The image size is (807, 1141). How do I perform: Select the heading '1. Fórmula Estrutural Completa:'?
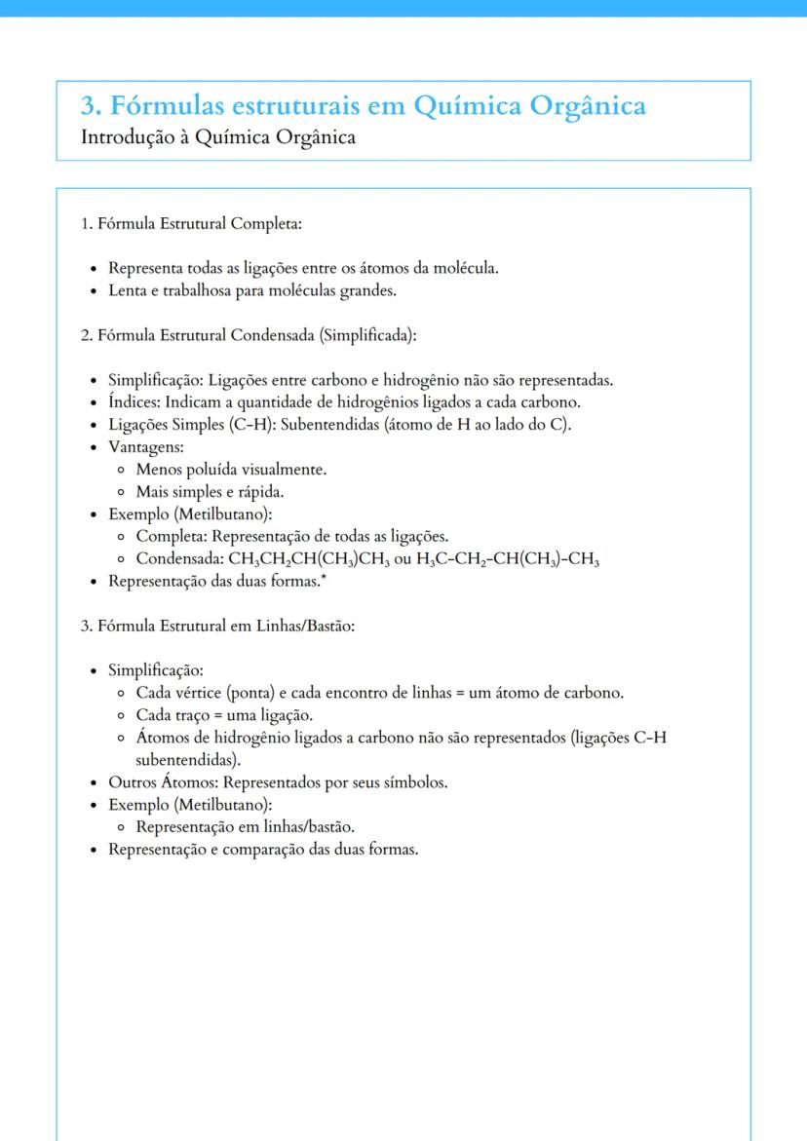tap(191, 224)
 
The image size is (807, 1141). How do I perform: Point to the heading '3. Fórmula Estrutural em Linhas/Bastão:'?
tap(217, 625)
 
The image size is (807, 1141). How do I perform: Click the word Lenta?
tap(128, 289)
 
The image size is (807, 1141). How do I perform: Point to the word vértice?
tap(198, 694)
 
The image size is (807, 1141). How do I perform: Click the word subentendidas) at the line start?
tap(186, 760)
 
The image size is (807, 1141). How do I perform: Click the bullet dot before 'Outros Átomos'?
tap(93, 782)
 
